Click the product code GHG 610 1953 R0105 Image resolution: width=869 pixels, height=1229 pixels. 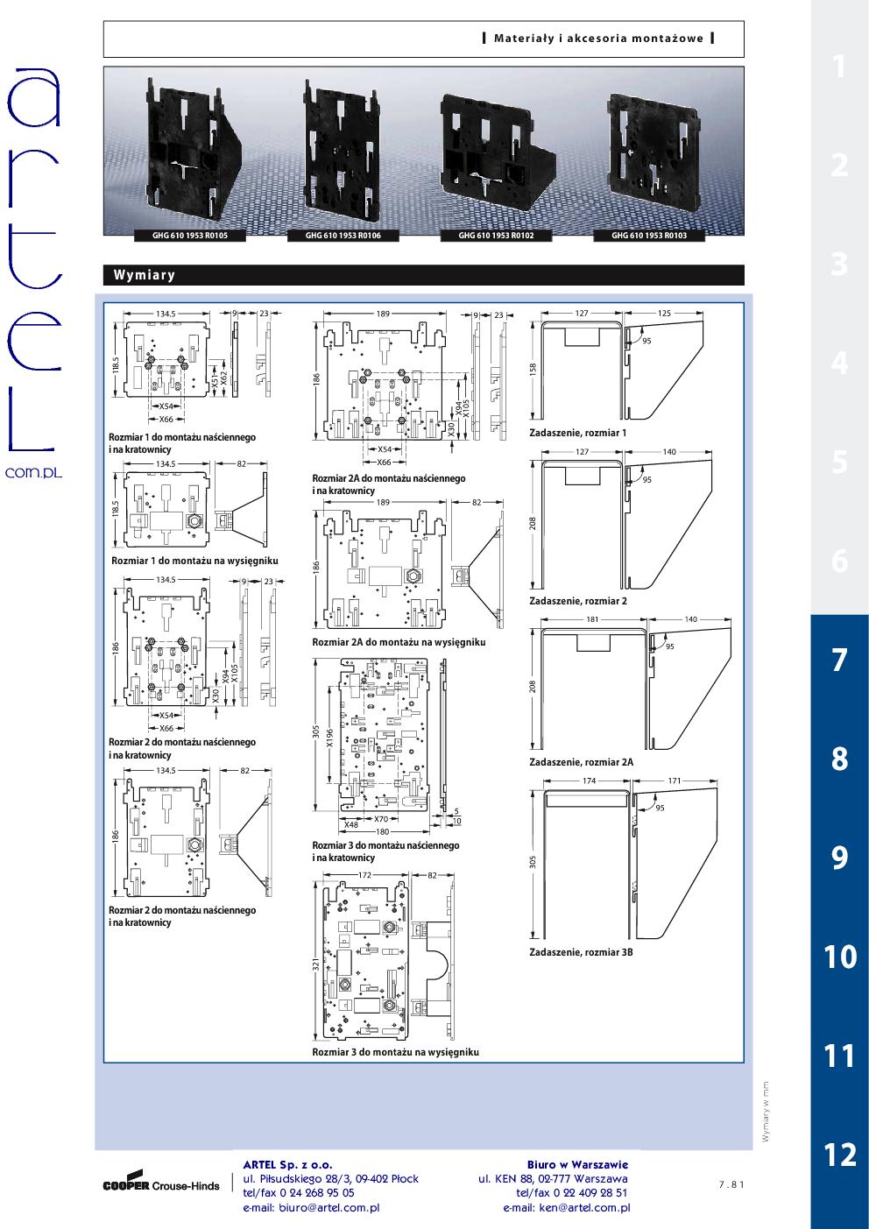point(190,236)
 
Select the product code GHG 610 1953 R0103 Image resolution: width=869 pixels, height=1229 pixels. point(649,236)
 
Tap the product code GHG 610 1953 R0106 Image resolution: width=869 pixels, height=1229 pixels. point(343,236)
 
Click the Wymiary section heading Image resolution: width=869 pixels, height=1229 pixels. point(145,275)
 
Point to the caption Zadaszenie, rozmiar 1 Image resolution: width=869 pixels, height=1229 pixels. point(577,433)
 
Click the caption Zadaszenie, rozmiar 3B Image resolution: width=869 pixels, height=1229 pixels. point(581,952)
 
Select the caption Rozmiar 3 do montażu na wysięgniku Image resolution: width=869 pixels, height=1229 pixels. point(396,1052)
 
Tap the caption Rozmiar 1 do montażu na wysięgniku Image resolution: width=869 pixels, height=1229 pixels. point(194,561)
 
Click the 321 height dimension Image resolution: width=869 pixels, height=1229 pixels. point(316,964)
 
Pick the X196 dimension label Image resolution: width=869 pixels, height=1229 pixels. point(329,738)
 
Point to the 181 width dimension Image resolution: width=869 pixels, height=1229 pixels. point(592,619)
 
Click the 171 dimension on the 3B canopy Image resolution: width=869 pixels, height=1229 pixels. point(675,780)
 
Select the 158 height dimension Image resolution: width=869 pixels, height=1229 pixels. point(533,369)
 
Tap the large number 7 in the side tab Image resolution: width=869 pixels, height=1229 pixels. point(839,660)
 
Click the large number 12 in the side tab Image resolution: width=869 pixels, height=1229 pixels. point(840,1155)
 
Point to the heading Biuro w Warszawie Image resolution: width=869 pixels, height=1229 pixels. point(577,1164)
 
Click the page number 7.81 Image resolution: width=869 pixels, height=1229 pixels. point(731,1184)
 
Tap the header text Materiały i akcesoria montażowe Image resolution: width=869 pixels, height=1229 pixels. point(598,39)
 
